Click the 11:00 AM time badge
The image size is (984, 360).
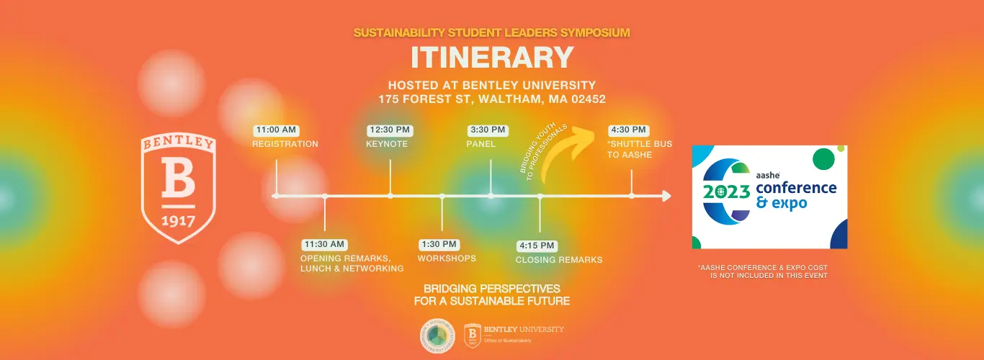(276, 130)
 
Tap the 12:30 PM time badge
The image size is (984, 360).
(389, 130)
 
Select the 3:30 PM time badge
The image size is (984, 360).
(488, 130)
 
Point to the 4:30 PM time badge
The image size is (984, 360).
(629, 130)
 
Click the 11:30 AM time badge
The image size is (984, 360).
(324, 244)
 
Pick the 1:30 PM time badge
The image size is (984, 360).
(439, 244)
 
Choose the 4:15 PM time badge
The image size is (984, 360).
(537, 246)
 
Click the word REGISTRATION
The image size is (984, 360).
(285, 144)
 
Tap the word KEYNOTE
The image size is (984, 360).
(387, 144)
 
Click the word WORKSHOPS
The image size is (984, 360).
(447, 258)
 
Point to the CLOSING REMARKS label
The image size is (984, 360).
(559, 260)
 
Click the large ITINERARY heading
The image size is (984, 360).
(492, 58)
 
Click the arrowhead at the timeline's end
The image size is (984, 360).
(666, 196)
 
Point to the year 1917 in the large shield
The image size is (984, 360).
(178, 220)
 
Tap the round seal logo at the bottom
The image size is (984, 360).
(438, 335)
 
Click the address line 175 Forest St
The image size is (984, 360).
(492, 99)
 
